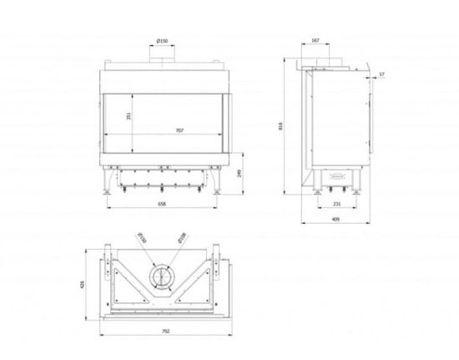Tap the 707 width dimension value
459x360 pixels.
pos(179,130)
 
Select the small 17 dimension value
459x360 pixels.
pos(381,75)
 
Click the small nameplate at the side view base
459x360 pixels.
pos(338,175)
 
